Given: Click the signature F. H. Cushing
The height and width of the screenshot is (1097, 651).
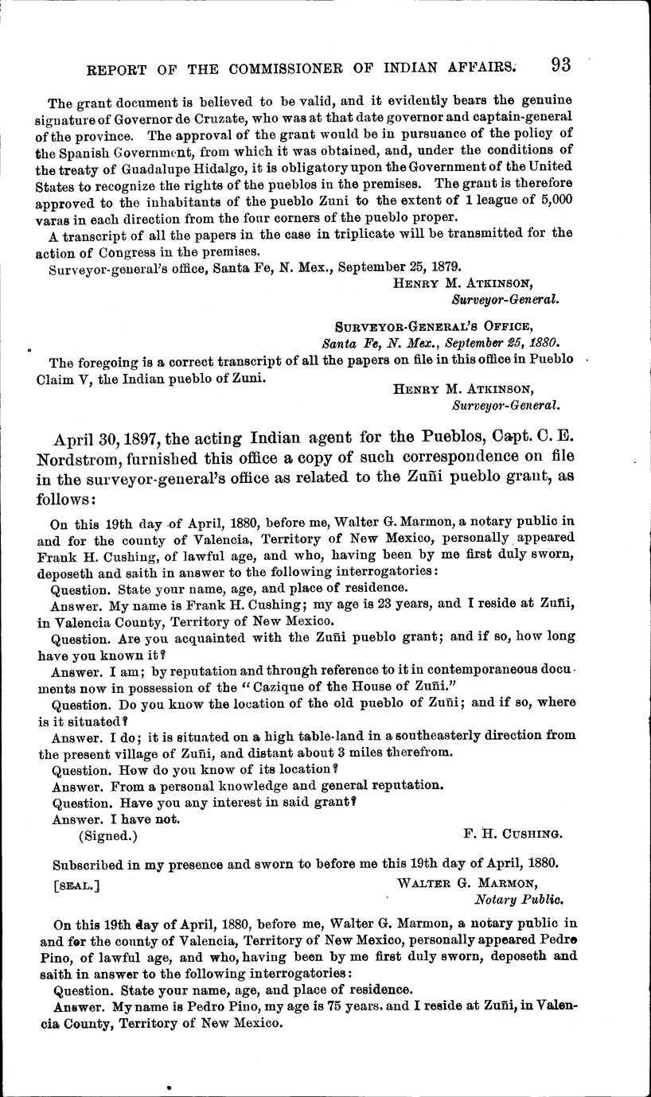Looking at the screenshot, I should click(x=512, y=834).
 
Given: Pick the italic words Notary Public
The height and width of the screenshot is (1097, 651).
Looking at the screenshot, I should click(x=518, y=900).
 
